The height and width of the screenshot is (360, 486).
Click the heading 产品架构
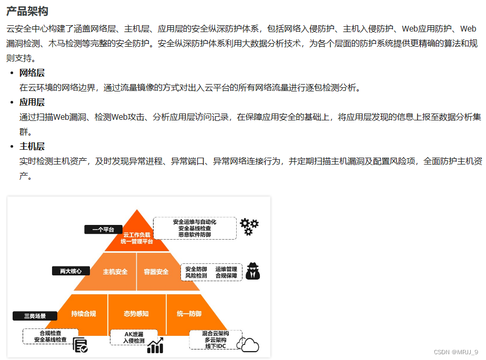click(x=27, y=11)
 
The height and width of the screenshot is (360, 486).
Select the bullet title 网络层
click(x=32, y=73)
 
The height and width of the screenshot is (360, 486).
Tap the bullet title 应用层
click(x=32, y=102)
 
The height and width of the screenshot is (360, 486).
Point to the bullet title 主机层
click(x=32, y=146)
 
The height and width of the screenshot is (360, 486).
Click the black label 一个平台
click(x=103, y=229)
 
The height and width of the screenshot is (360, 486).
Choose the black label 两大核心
click(x=70, y=271)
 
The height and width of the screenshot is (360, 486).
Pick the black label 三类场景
click(x=35, y=316)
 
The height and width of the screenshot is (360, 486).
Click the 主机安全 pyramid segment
click(x=115, y=272)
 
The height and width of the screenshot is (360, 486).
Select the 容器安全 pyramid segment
click(x=156, y=272)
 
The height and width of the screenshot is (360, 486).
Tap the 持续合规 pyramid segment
click(x=84, y=314)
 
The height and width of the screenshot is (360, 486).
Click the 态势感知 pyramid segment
click(x=136, y=314)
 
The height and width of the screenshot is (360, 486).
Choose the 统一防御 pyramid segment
click(x=189, y=314)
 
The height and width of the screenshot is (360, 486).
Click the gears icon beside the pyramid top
click(x=249, y=227)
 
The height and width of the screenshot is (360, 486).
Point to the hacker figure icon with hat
click(x=253, y=271)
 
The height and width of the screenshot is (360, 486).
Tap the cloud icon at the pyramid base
click(x=248, y=344)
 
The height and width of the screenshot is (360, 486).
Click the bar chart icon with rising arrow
click(x=156, y=345)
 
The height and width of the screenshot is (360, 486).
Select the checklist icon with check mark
click(x=80, y=345)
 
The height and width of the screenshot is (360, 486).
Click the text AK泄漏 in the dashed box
click(x=134, y=334)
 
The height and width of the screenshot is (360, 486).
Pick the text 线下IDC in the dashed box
click(x=215, y=347)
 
